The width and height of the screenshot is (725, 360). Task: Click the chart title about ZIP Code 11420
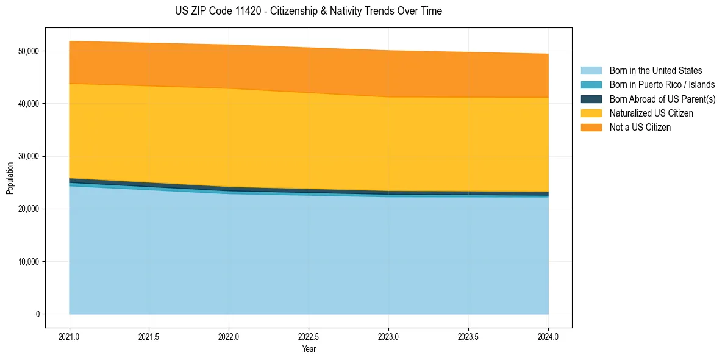tap(309, 11)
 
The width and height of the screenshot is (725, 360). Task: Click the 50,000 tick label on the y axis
tap(28, 51)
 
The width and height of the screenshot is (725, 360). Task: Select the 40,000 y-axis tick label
tap(28, 104)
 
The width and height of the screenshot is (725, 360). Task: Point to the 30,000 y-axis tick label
tap(28, 156)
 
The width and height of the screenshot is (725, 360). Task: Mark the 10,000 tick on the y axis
tap(28, 262)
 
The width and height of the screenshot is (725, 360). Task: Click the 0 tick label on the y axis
tap(38, 314)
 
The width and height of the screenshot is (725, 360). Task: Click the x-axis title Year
tap(309, 349)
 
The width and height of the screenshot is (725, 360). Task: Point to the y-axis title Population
tap(10, 178)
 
